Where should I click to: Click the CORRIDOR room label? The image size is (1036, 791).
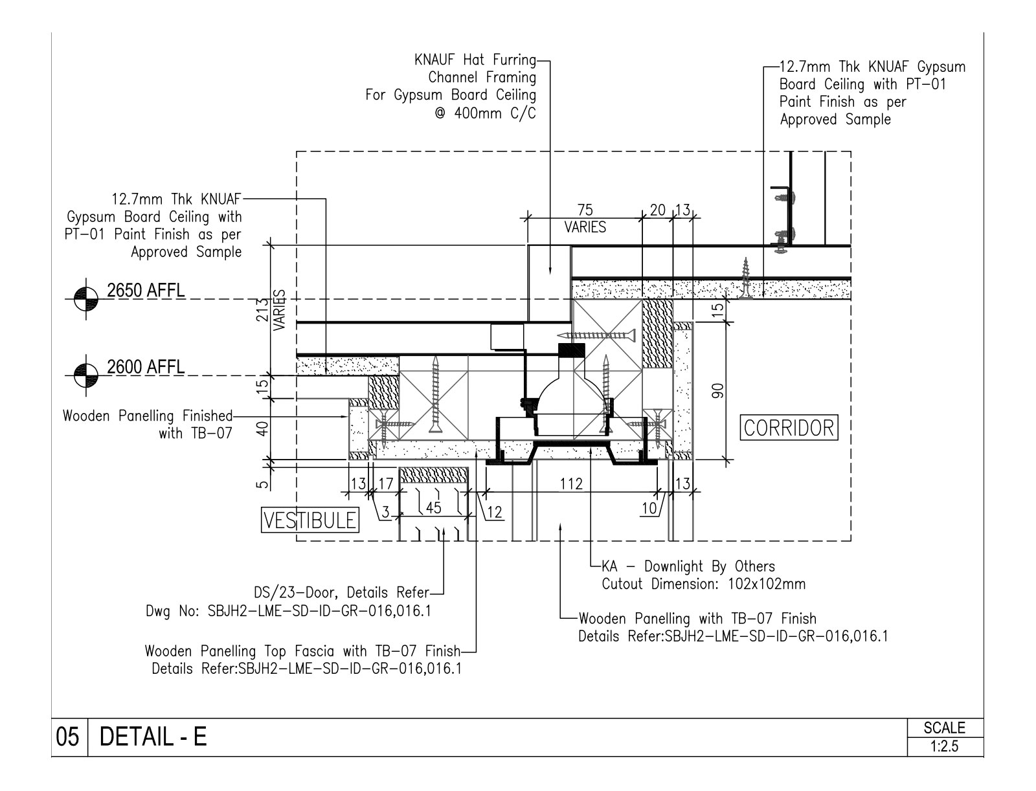pos(789,428)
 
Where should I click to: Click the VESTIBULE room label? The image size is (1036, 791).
pos(310,520)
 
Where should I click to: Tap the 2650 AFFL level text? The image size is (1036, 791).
pos(146,291)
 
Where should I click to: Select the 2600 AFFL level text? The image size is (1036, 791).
pos(146,367)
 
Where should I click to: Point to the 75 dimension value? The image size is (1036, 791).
pos(585,210)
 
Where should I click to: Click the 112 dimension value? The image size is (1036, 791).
pos(572,484)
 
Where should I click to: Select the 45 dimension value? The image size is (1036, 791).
pos(433,508)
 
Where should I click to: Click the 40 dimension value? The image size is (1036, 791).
pos(262,429)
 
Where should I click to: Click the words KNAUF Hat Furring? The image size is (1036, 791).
pos(475,60)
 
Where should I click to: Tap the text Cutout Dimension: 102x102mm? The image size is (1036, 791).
pos(704,584)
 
